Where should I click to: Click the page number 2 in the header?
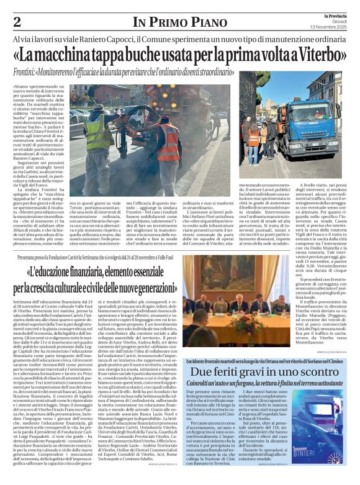click(17, 22)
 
